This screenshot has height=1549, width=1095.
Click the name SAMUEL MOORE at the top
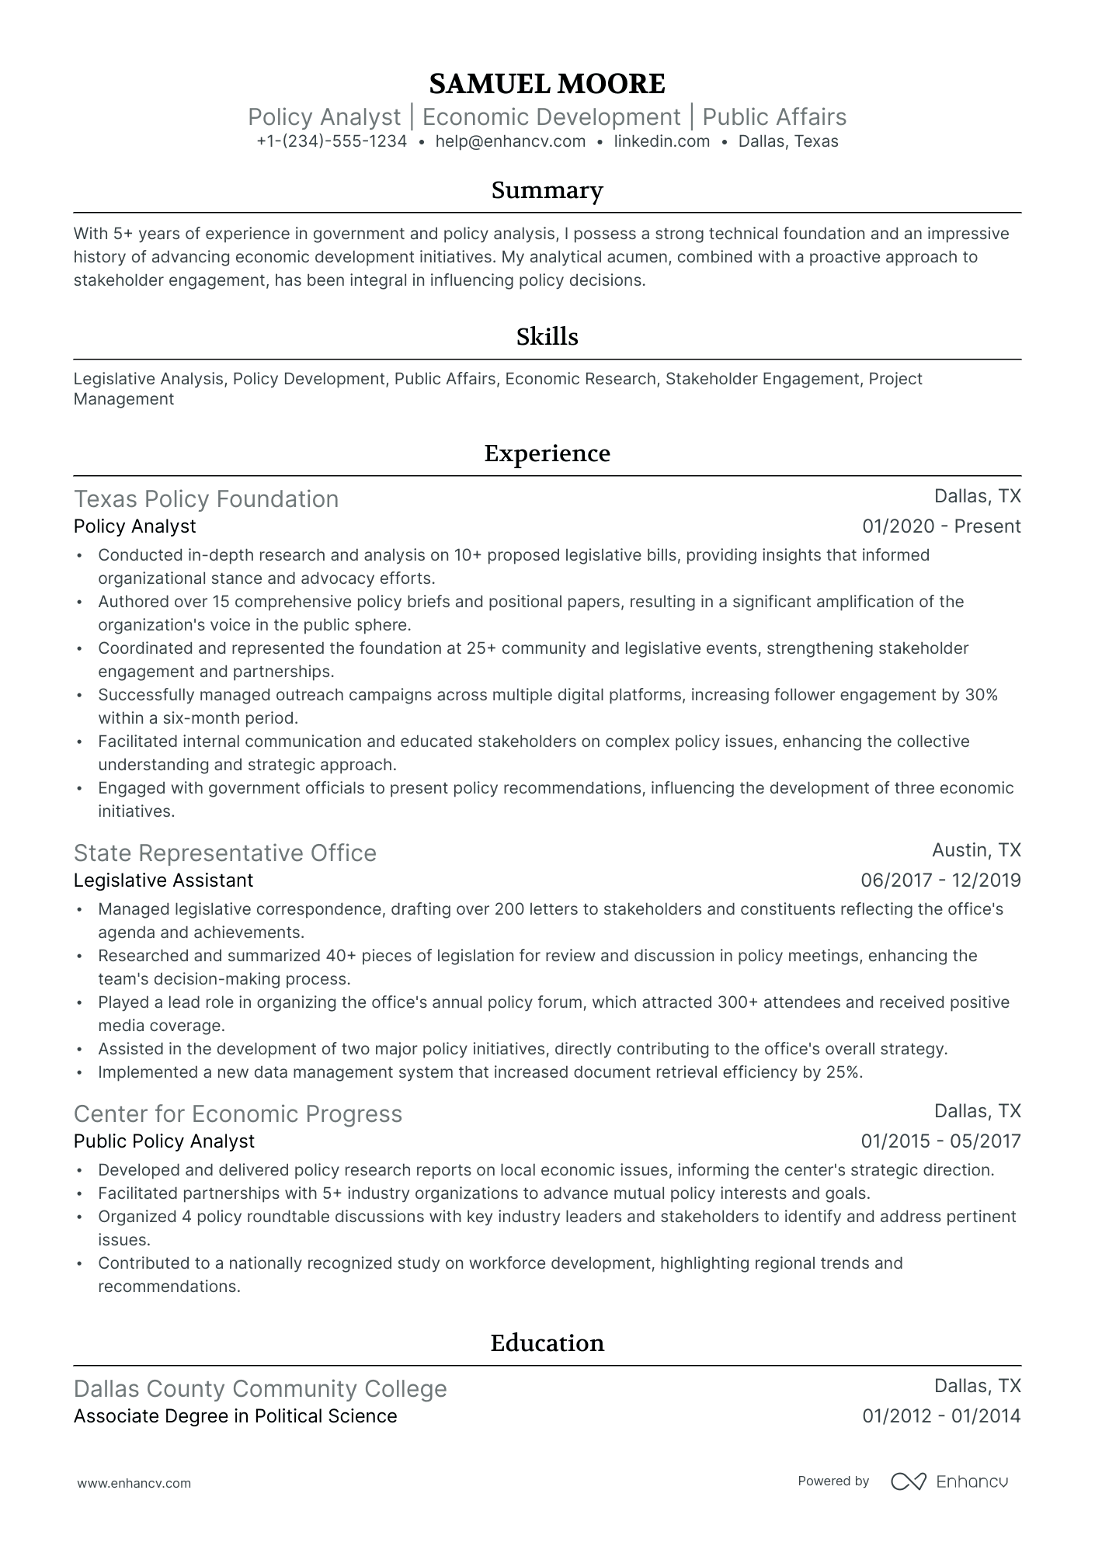(x=547, y=84)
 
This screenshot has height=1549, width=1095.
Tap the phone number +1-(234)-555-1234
(x=332, y=141)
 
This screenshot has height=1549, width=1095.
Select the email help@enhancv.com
(x=510, y=141)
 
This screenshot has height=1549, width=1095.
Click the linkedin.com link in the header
(x=662, y=141)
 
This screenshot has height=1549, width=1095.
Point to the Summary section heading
(x=547, y=190)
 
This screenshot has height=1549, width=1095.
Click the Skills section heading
(x=547, y=337)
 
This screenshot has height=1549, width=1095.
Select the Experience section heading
(x=547, y=453)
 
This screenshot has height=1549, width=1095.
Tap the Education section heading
(x=547, y=1343)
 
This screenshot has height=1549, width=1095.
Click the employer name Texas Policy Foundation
(x=206, y=499)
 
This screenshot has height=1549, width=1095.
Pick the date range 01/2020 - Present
(x=941, y=526)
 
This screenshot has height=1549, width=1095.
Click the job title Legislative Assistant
(x=163, y=880)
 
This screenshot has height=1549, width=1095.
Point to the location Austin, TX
(x=976, y=850)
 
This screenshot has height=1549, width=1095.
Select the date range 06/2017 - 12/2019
(x=940, y=880)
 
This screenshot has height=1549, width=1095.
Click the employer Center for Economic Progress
(x=238, y=1114)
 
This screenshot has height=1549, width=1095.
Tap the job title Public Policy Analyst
(x=164, y=1141)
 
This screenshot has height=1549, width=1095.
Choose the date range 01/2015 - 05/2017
(x=940, y=1141)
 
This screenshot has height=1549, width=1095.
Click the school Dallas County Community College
(x=260, y=1389)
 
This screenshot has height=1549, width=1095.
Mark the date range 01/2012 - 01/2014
(x=941, y=1416)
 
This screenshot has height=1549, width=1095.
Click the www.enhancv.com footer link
(x=134, y=1483)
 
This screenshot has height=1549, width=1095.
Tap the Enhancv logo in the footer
(x=949, y=1481)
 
